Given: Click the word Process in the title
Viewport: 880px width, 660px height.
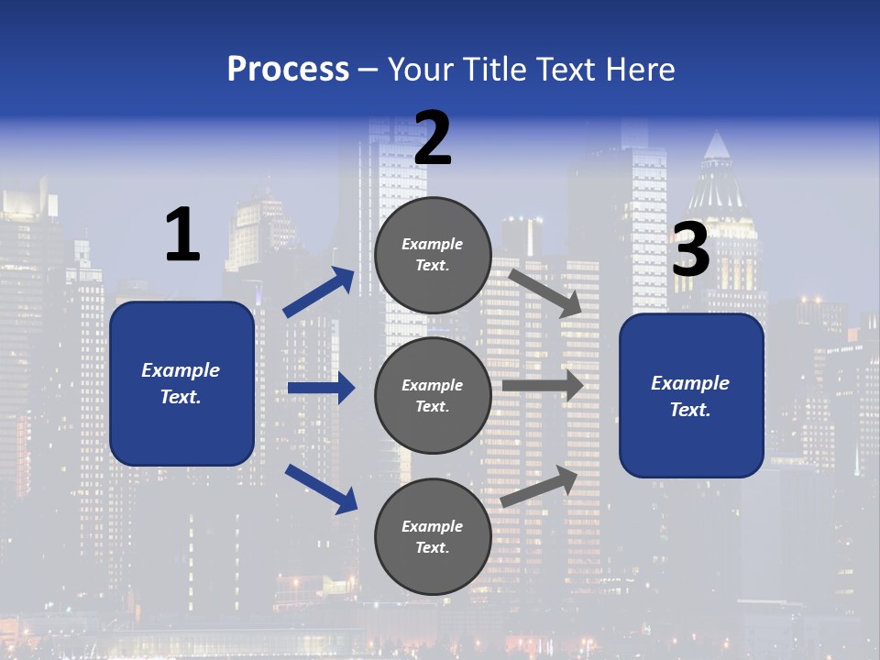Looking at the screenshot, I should pyautogui.click(x=288, y=69).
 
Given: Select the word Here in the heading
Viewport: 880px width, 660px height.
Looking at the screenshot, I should pyautogui.click(x=639, y=69).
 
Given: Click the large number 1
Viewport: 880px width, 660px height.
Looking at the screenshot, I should pyautogui.click(x=181, y=236).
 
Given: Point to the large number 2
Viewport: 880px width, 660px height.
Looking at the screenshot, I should pyautogui.click(x=433, y=138).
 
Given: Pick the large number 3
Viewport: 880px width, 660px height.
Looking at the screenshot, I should pyautogui.click(x=691, y=249).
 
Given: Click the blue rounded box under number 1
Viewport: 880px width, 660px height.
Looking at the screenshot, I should pyautogui.click(x=181, y=383).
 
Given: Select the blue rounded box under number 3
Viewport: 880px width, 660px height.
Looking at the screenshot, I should pyautogui.click(x=691, y=396).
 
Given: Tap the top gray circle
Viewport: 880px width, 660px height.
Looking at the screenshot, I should pyautogui.click(x=433, y=255).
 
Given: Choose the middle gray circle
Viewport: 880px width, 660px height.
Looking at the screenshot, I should pyautogui.click(x=433, y=395).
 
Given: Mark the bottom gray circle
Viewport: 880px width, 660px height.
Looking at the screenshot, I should pyautogui.click(x=433, y=536).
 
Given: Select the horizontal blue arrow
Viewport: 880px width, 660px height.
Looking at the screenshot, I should pyautogui.click(x=321, y=389).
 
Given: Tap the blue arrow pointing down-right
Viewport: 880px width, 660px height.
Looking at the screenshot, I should pyautogui.click(x=321, y=489).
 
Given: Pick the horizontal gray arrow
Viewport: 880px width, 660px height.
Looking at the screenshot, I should pyautogui.click(x=543, y=386).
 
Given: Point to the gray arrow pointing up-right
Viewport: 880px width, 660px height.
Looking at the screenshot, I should pyautogui.click(x=540, y=486).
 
